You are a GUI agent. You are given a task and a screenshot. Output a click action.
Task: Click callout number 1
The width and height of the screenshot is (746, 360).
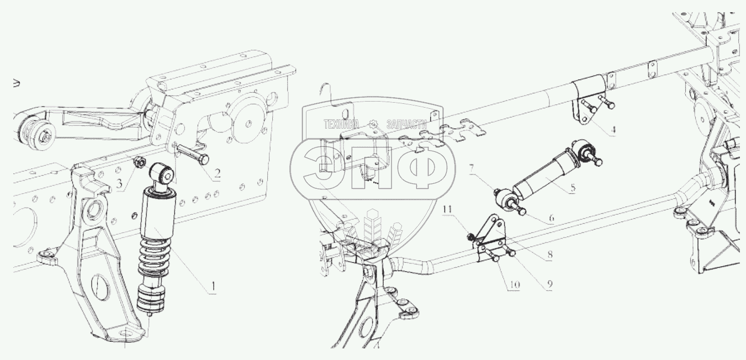[213, 287]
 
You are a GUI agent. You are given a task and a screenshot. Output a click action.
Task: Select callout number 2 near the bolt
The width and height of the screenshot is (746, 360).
[217, 173]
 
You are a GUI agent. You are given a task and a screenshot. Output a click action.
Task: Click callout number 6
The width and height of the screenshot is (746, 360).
[552, 218]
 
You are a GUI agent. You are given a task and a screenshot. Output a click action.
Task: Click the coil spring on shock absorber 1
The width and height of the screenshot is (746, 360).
[155, 257]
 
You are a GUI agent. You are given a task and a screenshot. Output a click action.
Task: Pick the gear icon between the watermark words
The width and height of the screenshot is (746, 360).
[373, 124]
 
